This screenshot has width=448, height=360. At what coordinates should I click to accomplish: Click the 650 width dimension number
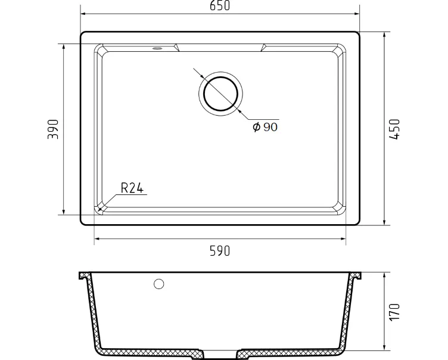click(x=220, y=5)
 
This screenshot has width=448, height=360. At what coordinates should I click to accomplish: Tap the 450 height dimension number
click(x=394, y=129)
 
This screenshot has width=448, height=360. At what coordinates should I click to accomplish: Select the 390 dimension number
click(x=53, y=129)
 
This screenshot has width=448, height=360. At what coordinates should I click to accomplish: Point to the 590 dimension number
click(x=220, y=251)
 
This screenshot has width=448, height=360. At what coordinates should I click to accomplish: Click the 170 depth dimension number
click(x=394, y=312)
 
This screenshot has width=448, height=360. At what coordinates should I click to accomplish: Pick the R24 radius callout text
click(x=132, y=188)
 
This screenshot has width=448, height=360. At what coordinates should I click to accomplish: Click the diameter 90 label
click(x=265, y=127)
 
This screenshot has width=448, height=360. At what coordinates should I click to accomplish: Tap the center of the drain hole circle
click(x=220, y=94)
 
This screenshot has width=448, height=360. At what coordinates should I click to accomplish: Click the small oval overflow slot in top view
click(x=157, y=48)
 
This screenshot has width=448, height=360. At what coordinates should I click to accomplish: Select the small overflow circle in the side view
click(x=159, y=284)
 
